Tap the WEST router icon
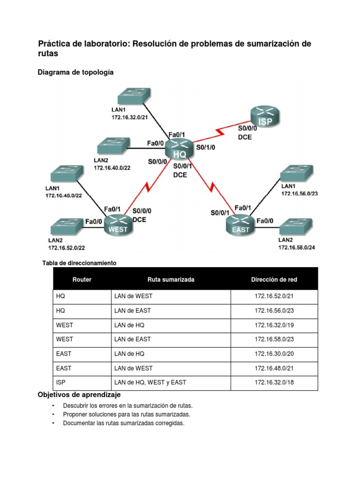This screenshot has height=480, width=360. click(x=118, y=224)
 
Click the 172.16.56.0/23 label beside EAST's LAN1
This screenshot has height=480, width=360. click(x=300, y=193)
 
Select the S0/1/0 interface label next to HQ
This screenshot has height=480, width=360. click(x=206, y=147)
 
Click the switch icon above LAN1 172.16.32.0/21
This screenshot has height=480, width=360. click(x=134, y=96)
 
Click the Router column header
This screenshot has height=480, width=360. click(x=82, y=279)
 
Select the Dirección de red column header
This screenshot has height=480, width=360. click(x=274, y=279)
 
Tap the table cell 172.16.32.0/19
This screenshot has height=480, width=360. click(x=274, y=325)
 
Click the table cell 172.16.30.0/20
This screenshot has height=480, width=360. click(x=274, y=353)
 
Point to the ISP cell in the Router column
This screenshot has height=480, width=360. click(x=61, y=382)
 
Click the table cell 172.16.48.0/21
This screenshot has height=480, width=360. click(x=274, y=368)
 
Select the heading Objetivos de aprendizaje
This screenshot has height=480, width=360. click(x=79, y=395)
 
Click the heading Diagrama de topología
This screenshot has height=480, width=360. click(x=75, y=72)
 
